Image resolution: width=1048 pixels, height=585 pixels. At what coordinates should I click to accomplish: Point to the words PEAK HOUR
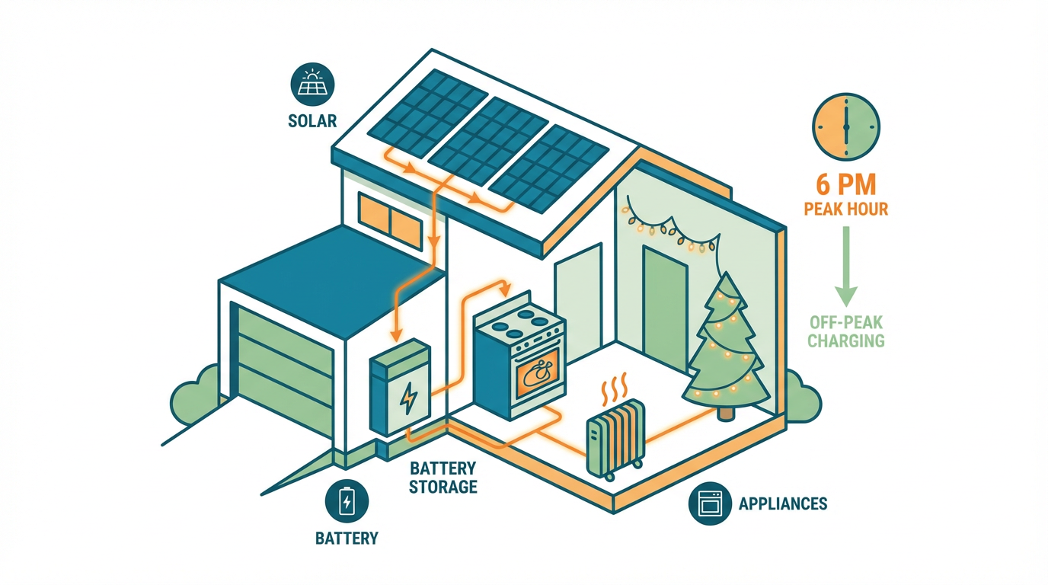pyautogui.click(x=846, y=208)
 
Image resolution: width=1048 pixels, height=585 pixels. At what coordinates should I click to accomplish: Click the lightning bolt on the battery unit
pyautogui.click(x=409, y=397)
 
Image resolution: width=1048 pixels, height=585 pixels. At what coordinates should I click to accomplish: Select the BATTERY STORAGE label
pyautogui.click(x=443, y=477)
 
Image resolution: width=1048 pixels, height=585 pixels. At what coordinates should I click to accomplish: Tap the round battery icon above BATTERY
pyautogui.click(x=347, y=501)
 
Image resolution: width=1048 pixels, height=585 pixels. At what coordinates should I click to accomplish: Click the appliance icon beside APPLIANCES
pyautogui.click(x=709, y=503)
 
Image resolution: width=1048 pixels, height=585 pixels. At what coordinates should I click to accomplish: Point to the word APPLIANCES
pyautogui.click(x=783, y=503)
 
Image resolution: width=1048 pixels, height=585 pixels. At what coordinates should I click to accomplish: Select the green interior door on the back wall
pyautogui.click(x=666, y=305)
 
